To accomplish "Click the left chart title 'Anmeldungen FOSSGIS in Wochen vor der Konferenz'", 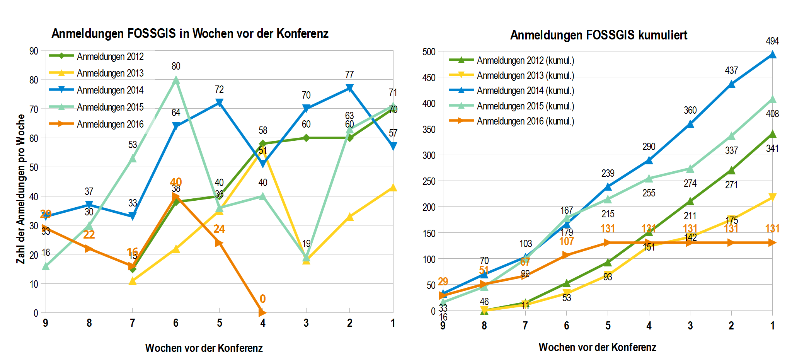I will (x=190, y=34).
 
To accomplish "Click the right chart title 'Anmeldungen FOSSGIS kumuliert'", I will (x=598, y=35).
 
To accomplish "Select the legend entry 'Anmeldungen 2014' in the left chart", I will (x=110, y=90).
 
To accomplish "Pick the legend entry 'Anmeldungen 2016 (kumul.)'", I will (x=525, y=121).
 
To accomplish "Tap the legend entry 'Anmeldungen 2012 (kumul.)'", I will (x=525, y=60).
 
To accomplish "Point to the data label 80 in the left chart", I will (x=176, y=66).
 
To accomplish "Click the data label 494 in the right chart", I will (x=772, y=41).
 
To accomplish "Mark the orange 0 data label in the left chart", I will (x=263, y=299).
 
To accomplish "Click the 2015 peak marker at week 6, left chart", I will (x=176, y=80).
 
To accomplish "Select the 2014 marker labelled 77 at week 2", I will (x=349, y=88).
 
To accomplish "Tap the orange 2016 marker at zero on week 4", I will (x=262, y=312).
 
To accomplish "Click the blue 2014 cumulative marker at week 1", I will (x=772, y=55).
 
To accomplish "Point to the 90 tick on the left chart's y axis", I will (x=34, y=51).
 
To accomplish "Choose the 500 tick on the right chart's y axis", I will (x=429, y=52).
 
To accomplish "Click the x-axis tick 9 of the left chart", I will (x=46, y=323).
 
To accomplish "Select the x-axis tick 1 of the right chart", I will (x=772, y=326).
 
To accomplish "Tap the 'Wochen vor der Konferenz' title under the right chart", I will (x=597, y=347).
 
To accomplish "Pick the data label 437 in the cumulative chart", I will (x=731, y=70).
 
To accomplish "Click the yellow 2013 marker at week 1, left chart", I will (x=393, y=188).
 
